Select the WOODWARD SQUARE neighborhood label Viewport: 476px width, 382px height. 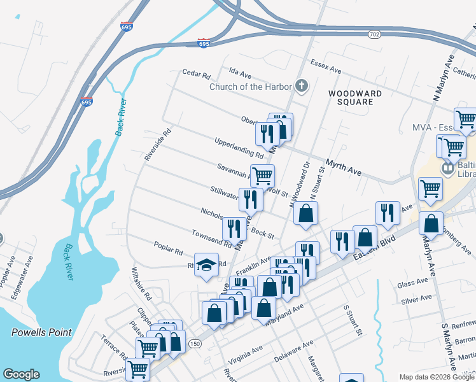(x=355, y=97)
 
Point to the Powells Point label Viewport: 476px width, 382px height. (x=41, y=332)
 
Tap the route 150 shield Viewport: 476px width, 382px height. (x=195, y=344)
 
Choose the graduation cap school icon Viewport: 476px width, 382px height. (x=206, y=265)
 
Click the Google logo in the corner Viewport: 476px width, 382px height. (x=21, y=374)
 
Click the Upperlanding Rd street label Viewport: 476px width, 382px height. (x=239, y=147)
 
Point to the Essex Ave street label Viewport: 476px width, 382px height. (x=326, y=66)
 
